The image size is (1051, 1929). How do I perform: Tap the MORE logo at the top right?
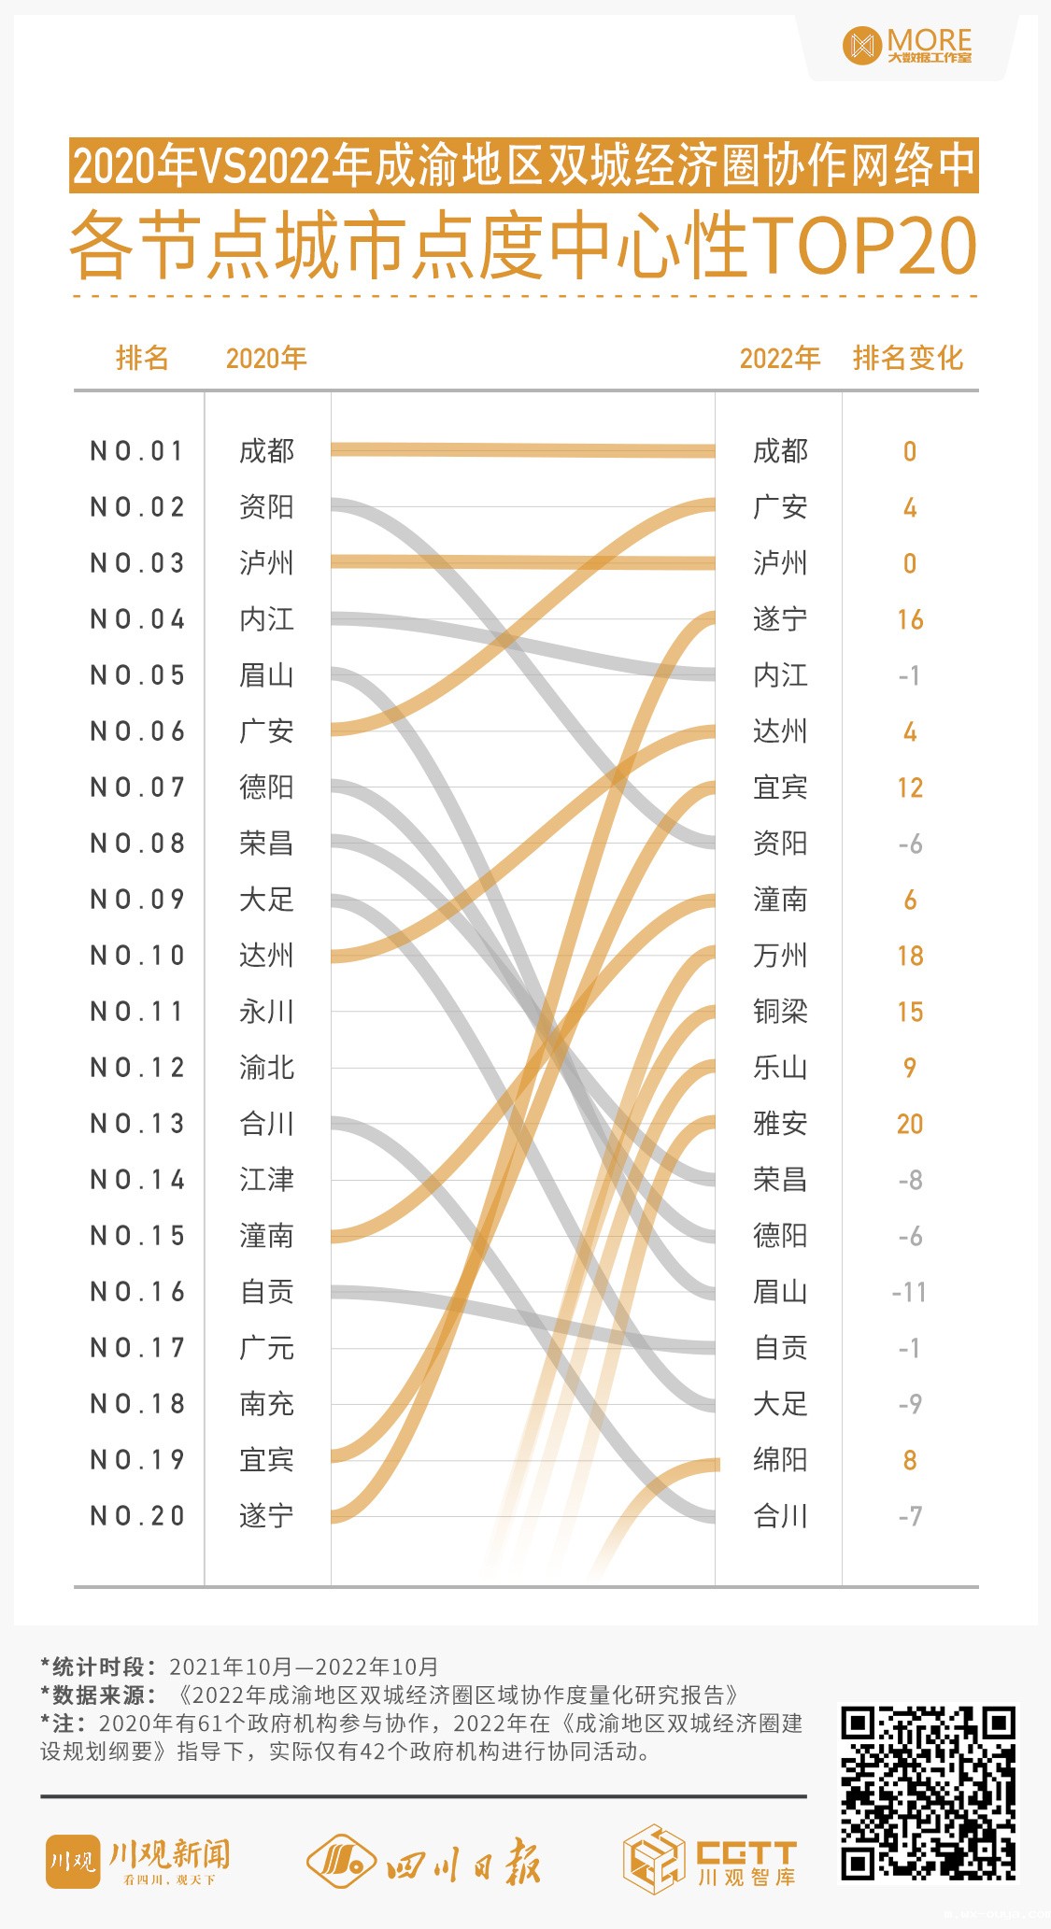(x=907, y=45)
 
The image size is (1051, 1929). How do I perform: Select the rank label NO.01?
(x=137, y=451)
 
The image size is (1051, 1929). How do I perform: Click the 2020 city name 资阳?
(x=266, y=507)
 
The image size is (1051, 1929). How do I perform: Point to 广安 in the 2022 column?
(x=780, y=507)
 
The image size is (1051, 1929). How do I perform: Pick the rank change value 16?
(x=910, y=619)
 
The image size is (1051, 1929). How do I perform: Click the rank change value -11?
(x=909, y=1292)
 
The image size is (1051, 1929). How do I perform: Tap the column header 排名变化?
(x=907, y=358)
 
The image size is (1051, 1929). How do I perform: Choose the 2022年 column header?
(x=779, y=358)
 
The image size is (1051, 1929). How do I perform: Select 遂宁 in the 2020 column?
(x=266, y=1516)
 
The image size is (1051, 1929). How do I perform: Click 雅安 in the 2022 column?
(x=780, y=1124)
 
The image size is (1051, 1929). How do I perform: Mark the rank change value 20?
(x=910, y=1124)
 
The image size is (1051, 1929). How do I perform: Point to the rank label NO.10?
(x=137, y=956)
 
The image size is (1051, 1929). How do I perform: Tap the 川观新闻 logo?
(x=138, y=1860)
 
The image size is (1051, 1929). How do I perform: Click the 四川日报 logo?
(x=425, y=1860)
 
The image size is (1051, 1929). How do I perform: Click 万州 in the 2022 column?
(x=780, y=956)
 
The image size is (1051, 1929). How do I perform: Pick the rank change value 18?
(x=910, y=956)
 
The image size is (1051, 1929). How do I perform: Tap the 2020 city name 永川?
(x=266, y=1012)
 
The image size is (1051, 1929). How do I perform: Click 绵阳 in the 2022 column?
(x=780, y=1460)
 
